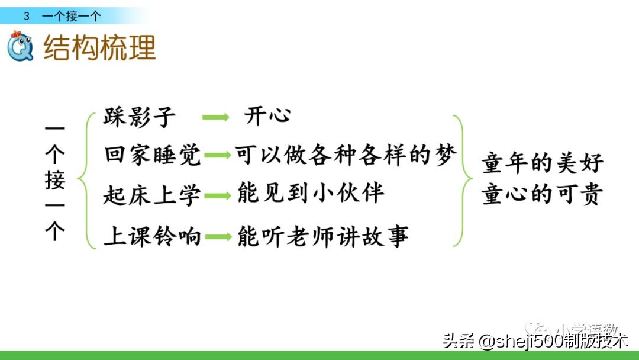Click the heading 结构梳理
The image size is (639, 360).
click(x=100, y=48)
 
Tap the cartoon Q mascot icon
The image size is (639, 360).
click(x=21, y=46)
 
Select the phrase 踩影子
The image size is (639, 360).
click(x=140, y=117)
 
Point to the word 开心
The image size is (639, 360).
click(x=267, y=115)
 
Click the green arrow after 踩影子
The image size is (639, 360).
click(x=215, y=117)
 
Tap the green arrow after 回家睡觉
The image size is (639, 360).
click(x=218, y=156)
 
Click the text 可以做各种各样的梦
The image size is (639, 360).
click(x=346, y=155)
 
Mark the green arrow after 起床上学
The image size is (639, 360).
click(x=218, y=195)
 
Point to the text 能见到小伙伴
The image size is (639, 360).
click(x=311, y=194)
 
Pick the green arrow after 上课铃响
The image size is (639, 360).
click(x=218, y=237)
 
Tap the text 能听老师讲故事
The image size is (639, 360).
click(x=322, y=237)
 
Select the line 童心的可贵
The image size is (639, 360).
click(x=543, y=195)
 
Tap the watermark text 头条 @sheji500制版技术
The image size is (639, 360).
click(x=535, y=341)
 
